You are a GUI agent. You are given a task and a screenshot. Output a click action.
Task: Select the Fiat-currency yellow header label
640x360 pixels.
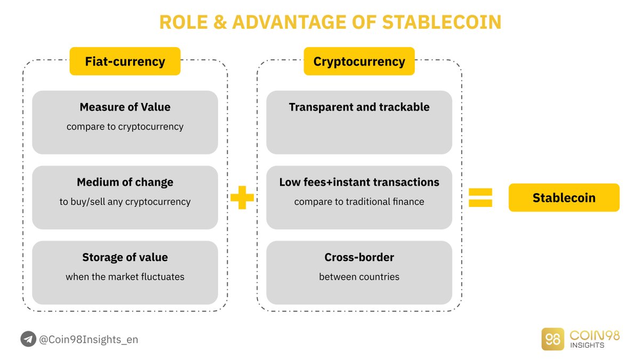point(125,61)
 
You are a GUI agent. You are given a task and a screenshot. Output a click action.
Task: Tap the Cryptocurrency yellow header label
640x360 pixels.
point(359,61)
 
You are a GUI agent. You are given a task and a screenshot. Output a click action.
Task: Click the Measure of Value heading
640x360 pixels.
point(125,107)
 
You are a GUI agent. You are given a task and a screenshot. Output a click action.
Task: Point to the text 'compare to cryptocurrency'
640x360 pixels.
point(125,127)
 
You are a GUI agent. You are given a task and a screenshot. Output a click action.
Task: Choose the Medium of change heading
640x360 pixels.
point(125,182)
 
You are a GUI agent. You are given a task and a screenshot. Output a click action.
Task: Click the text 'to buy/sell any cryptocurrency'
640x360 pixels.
point(125,202)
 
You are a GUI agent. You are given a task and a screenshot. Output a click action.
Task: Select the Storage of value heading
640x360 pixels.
point(125,258)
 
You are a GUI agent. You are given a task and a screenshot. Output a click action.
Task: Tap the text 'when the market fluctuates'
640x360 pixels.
point(125,277)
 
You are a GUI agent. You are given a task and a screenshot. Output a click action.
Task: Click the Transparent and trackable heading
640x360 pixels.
point(359,107)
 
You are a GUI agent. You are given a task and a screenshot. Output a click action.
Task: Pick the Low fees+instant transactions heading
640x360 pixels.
point(359,182)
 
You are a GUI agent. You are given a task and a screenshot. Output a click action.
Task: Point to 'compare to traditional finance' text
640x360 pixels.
point(359,202)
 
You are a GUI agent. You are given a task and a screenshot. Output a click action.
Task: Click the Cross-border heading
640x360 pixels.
point(359,258)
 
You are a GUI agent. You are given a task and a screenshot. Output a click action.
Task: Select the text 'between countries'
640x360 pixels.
point(359,277)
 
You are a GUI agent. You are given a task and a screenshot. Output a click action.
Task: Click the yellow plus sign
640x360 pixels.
point(242,197)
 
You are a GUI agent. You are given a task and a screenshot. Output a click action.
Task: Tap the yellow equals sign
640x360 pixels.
point(480,197)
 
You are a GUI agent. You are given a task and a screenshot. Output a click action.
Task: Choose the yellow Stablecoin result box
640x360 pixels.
point(564,198)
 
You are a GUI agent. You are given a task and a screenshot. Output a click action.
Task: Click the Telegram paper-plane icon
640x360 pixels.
point(28,339)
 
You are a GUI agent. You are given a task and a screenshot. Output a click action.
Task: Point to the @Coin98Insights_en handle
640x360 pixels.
point(89,339)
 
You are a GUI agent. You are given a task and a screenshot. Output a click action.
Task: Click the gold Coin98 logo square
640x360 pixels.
point(553,339)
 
